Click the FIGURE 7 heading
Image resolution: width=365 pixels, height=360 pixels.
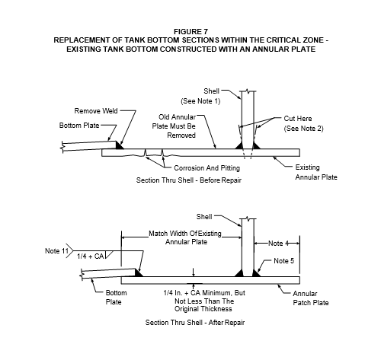coord(191,32)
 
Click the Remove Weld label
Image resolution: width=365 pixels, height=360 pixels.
coord(96,111)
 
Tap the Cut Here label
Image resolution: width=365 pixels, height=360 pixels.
coord(298,119)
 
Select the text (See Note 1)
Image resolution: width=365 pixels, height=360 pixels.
coord(200,101)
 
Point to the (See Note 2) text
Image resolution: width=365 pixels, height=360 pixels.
coord(304,129)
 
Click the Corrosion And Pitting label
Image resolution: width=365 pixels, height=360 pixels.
coord(207,168)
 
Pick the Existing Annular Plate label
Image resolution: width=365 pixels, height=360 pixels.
coord(316,172)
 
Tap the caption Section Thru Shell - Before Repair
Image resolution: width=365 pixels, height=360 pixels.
coord(189,180)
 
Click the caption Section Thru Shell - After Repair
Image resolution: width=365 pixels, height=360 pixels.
coord(195,323)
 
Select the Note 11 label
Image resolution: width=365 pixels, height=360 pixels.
coord(56,251)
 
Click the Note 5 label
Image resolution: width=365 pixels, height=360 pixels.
coord(283,261)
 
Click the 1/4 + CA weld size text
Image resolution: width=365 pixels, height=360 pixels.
coord(91,256)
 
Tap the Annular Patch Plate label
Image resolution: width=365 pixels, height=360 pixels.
coord(311,298)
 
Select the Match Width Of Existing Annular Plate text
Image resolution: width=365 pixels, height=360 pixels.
coord(185,237)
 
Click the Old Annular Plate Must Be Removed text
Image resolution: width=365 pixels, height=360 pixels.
coord(174,126)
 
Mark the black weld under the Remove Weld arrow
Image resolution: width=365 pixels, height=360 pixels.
coord(120,145)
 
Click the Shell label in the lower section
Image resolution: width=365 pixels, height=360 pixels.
coord(204,217)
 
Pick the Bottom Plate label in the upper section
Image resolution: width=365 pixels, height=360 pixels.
coord(79,126)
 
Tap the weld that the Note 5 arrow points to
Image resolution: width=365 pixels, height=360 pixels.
coord(256,273)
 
